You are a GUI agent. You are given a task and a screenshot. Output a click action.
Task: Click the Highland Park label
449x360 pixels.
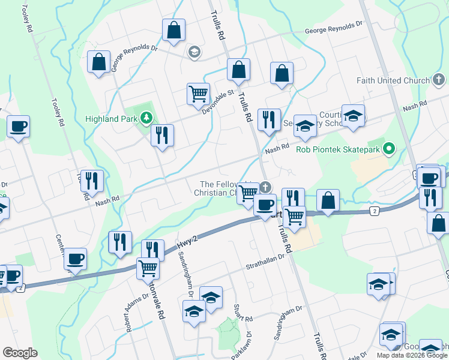110,119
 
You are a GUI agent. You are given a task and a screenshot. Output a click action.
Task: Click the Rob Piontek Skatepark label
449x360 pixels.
339,149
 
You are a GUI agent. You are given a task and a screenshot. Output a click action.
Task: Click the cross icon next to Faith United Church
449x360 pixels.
439,80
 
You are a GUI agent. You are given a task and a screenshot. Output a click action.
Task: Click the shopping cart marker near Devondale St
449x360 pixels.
198,94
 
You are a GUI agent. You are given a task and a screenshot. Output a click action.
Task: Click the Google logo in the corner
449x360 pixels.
20,353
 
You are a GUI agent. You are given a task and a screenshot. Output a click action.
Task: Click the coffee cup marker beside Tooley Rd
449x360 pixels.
19,127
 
